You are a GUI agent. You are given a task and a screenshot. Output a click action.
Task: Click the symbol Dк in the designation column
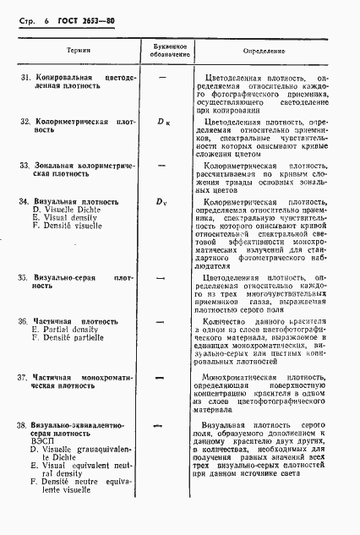point(163,122)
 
